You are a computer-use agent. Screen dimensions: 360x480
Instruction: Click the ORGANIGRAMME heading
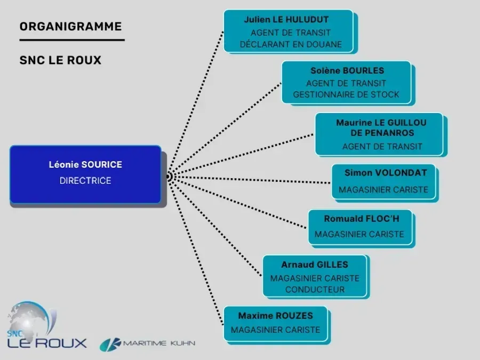point(70,26)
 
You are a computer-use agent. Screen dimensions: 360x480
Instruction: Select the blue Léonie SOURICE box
point(85,174)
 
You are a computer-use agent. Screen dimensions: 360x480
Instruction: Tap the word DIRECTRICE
point(85,181)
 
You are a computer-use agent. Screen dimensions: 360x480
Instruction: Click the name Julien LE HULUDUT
point(286,20)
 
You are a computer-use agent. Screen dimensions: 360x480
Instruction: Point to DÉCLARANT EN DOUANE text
point(291,44)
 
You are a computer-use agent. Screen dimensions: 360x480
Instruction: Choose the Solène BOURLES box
point(347,82)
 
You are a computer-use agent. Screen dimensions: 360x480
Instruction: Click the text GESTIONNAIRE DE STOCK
point(346,95)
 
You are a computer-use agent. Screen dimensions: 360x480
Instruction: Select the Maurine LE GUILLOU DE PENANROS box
point(379,134)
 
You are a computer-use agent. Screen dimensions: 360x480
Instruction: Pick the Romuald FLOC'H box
point(360,227)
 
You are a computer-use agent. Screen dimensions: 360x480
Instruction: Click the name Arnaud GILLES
point(315,265)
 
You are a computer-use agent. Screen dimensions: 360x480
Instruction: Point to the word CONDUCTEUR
point(315,290)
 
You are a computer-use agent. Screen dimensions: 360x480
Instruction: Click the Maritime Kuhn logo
point(147,343)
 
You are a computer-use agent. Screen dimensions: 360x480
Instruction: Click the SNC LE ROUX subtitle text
point(60,60)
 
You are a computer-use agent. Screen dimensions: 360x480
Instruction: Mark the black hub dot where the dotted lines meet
point(168,177)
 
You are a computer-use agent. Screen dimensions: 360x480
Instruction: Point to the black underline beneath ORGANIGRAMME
point(71,40)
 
